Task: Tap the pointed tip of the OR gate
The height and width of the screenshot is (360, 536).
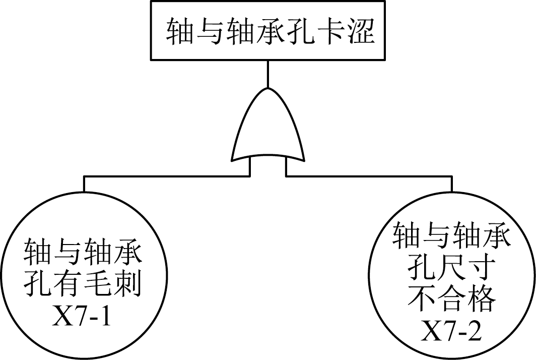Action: (268, 89)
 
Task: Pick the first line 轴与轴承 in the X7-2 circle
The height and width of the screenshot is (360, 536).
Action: (452, 237)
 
